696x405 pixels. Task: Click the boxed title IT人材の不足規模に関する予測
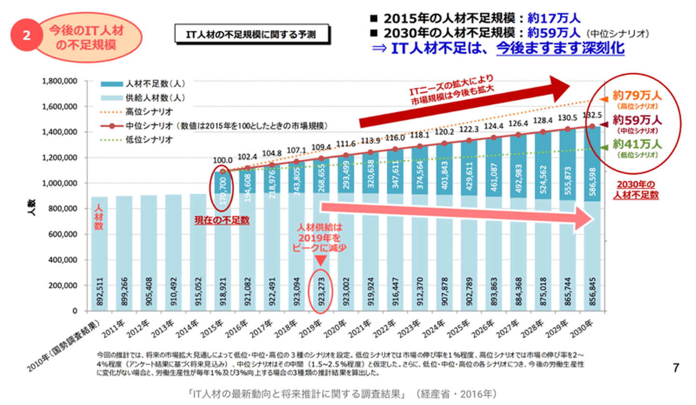251,34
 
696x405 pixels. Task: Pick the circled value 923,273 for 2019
320,286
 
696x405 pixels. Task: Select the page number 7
676,368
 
